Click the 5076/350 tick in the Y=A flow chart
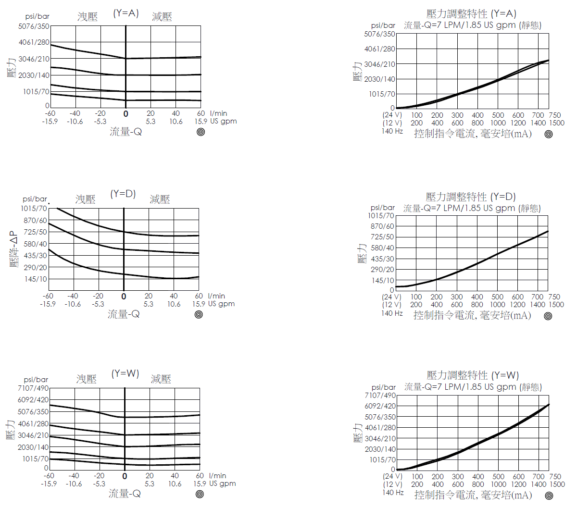click(x=34, y=26)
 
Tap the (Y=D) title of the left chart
click(x=123, y=194)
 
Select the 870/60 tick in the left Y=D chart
click(x=36, y=220)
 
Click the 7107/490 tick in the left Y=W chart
click(x=33, y=388)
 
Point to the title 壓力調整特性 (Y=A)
click(x=471, y=13)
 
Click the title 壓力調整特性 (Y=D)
click(x=470, y=197)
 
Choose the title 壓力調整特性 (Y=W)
click(x=473, y=375)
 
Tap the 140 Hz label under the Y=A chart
click(x=392, y=131)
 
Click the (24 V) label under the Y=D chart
click(x=391, y=297)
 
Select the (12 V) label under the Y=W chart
click(x=392, y=484)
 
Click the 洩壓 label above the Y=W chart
click(x=87, y=379)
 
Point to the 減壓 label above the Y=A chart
click(x=162, y=17)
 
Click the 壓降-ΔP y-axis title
click(x=14, y=250)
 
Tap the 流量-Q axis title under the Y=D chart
click(x=124, y=314)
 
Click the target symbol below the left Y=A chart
click(x=201, y=132)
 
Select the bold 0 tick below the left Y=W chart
click(x=125, y=476)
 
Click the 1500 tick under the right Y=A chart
click(x=556, y=123)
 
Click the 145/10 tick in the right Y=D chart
click(x=382, y=280)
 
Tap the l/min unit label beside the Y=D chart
click(x=216, y=296)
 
